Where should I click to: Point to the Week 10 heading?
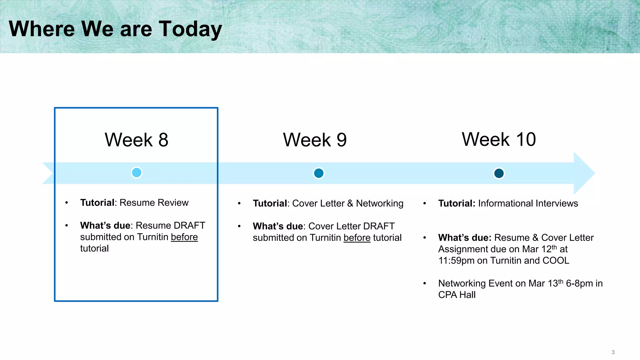tap(499, 139)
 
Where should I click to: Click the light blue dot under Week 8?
tap(137, 172)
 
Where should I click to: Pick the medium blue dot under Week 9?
tap(318, 173)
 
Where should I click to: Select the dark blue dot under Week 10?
tap(499, 173)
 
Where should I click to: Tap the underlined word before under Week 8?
tap(184, 237)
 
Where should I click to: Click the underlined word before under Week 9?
tap(357, 238)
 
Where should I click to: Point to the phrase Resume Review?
tap(154, 203)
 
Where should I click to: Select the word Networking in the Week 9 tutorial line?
tap(379, 203)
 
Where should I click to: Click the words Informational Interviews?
tap(528, 203)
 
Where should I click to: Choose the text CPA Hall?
tap(457, 295)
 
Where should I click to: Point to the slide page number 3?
tap(613, 352)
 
